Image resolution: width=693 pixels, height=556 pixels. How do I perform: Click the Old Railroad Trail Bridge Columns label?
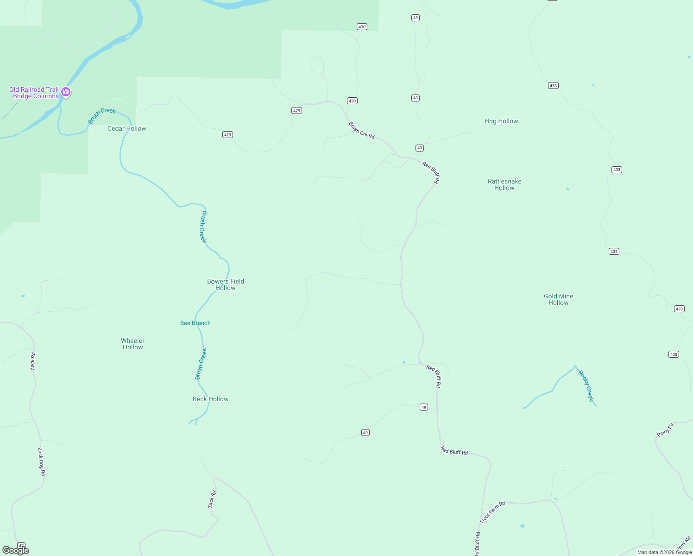click(34, 93)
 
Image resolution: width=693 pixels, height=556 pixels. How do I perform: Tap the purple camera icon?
click(66, 92)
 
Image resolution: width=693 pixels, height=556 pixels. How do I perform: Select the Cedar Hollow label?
click(126, 128)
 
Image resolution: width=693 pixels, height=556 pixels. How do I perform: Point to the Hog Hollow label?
click(501, 121)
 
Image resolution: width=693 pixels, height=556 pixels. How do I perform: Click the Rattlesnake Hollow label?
click(504, 184)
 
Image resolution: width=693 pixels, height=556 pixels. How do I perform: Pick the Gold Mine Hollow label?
click(558, 299)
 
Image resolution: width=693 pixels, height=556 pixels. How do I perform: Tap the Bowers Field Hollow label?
click(226, 284)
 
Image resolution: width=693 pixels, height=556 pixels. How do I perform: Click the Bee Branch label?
click(195, 323)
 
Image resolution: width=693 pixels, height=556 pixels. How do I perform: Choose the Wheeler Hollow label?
click(132, 344)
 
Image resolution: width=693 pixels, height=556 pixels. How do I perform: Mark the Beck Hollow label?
click(210, 399)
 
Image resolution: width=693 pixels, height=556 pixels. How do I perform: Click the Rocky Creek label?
click(586, 386)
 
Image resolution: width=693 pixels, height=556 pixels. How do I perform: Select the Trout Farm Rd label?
click(492, 512)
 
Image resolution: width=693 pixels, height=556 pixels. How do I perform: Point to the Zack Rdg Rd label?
click(42, 461)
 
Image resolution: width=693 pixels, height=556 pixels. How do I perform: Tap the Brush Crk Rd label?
click(361, 130)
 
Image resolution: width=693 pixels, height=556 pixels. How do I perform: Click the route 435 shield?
click(674, 354)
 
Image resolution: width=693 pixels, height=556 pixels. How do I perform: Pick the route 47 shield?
click(21, 545)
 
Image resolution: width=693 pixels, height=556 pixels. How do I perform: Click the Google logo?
click(16, 550)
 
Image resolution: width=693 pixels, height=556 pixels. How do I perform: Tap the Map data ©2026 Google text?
click(664, 552)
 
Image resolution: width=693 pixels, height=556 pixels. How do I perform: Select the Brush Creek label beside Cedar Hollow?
click(101, 115)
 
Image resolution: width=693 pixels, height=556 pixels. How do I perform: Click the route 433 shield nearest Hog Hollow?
click(553, 85)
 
